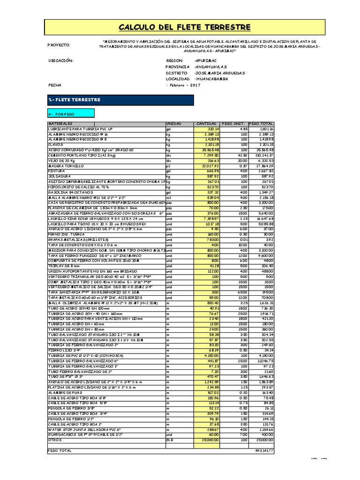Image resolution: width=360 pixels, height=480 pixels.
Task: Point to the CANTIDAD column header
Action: click(x=206, y=123)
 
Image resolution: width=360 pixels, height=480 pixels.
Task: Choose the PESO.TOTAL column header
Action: click(x=261, y=123)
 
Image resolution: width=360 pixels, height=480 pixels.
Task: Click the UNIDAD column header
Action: click(x=173, y=123)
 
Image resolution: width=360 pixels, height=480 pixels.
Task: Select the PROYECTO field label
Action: click(x=59, y=45)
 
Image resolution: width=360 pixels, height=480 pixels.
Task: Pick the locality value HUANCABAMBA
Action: click(x=211, y=79)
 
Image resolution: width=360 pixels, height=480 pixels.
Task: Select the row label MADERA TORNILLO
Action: click(x=66, y=166)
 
